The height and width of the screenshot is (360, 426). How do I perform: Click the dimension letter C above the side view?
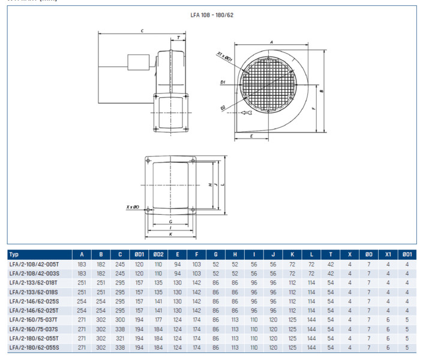tap(142, 30)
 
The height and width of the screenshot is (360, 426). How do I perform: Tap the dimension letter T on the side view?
tap(178, 37)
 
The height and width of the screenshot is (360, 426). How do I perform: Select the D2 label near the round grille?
tap(222, 108)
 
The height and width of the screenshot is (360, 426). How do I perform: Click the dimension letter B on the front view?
tap(322, 91)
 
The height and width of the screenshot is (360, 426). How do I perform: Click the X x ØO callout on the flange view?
tap(133, 207)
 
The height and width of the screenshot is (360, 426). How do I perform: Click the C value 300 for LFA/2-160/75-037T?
tap(120, 319)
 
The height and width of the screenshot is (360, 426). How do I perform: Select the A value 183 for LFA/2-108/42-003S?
tap(82, 273)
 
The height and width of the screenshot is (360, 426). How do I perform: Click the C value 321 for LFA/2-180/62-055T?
tap(120, 338)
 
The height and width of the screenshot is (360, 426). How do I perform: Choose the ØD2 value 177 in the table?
tap(158, 319)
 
